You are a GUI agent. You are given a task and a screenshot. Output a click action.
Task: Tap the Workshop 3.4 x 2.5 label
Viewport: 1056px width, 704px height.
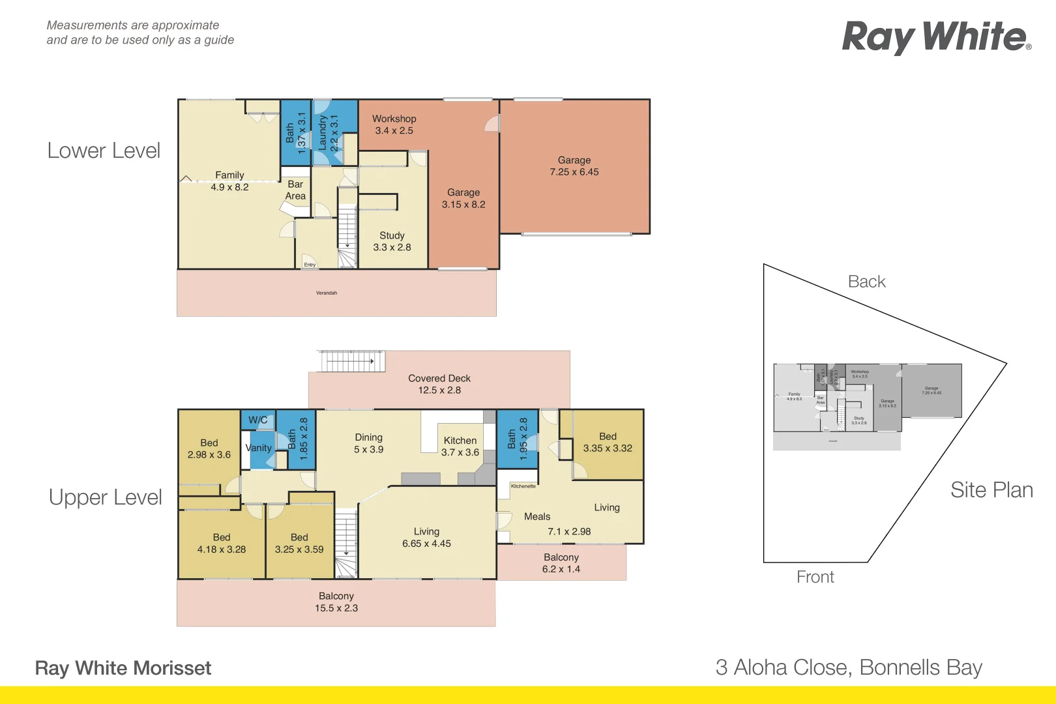coord(394,125)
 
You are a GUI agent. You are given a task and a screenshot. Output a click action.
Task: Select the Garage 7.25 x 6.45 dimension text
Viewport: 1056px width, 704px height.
coord(574,172)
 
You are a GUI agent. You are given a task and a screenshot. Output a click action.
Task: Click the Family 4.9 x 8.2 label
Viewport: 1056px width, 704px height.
coord(229,181)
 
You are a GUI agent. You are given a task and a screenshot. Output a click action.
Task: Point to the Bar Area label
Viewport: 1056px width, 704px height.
coord(295,190)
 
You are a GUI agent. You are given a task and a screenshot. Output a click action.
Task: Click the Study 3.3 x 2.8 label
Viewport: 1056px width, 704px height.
coord(392,241)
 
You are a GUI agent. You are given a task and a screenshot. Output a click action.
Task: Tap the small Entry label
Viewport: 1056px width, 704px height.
coord(310,265)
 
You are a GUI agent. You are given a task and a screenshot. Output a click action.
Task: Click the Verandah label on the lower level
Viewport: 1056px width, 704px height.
coord(327,293)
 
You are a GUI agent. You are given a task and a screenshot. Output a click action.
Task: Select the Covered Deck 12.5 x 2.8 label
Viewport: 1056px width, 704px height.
coord(439,384)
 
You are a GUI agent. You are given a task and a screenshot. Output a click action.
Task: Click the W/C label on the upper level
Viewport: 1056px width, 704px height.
coord(257,420)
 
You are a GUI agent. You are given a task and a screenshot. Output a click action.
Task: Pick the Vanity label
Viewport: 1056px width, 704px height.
coord(258,448)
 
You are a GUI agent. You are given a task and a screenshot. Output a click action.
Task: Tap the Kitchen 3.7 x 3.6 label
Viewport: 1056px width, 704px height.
coord(460,447)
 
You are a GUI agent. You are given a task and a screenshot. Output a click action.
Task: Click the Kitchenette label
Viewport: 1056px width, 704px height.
coord(523,486)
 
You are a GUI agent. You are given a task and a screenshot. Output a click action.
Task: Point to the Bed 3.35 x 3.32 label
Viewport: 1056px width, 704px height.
coord(608,442)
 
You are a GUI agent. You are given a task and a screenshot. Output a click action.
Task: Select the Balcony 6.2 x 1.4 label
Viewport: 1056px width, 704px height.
coord(561,563)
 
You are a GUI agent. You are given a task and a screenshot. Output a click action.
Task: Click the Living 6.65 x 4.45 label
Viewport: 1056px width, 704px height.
coord(426,537)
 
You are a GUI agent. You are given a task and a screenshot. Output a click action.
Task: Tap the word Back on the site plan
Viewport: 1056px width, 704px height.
coord(866,282)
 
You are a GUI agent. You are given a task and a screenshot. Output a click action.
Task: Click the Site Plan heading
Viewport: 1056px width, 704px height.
coord(991,490)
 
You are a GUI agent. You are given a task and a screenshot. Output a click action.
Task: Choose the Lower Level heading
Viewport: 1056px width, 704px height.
coord(104,151)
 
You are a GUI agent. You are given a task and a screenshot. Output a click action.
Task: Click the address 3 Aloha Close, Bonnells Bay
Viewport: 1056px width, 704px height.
coord(848,667)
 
